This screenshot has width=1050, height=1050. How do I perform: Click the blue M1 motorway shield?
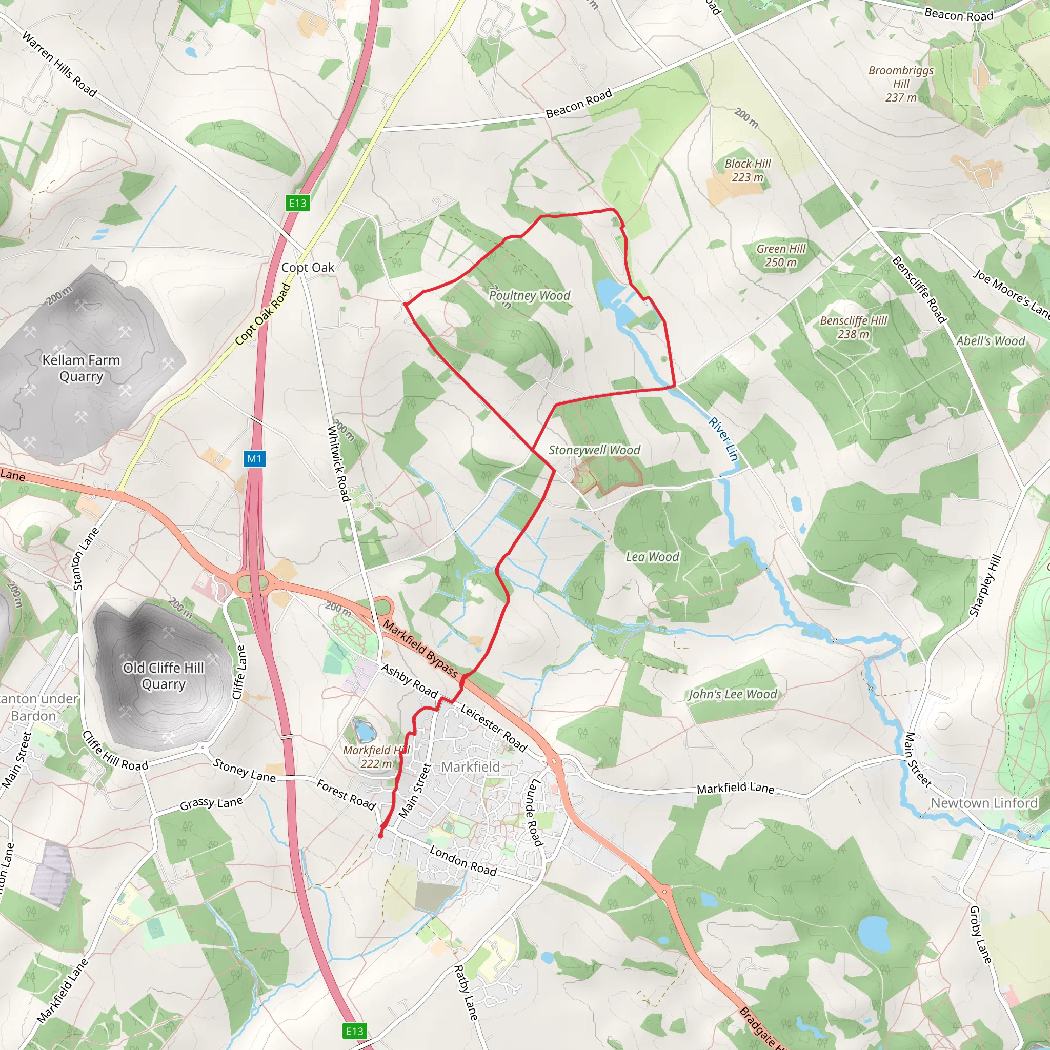254,458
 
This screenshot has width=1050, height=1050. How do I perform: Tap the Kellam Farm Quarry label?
81,368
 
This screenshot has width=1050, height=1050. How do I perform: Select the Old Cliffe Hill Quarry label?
163,676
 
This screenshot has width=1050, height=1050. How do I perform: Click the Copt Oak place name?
308,268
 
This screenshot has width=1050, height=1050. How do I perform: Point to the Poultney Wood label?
529,296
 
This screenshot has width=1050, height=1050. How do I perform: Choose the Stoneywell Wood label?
594,450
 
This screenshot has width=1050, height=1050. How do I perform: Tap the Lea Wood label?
652,556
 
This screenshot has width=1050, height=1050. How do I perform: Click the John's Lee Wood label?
733,694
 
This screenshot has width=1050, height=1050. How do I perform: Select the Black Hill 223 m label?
748,170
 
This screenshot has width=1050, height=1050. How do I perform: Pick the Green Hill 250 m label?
781,255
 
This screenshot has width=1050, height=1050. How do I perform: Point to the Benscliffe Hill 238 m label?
853,327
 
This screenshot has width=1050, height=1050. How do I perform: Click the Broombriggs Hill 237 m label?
900,84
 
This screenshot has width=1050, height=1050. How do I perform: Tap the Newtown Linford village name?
984,803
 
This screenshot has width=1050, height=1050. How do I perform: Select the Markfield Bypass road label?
420,649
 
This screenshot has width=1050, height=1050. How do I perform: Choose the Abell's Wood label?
990,341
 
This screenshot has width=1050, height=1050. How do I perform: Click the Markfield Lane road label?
735,787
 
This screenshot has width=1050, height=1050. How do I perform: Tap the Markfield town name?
470,767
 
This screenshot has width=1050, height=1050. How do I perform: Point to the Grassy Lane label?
211,803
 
